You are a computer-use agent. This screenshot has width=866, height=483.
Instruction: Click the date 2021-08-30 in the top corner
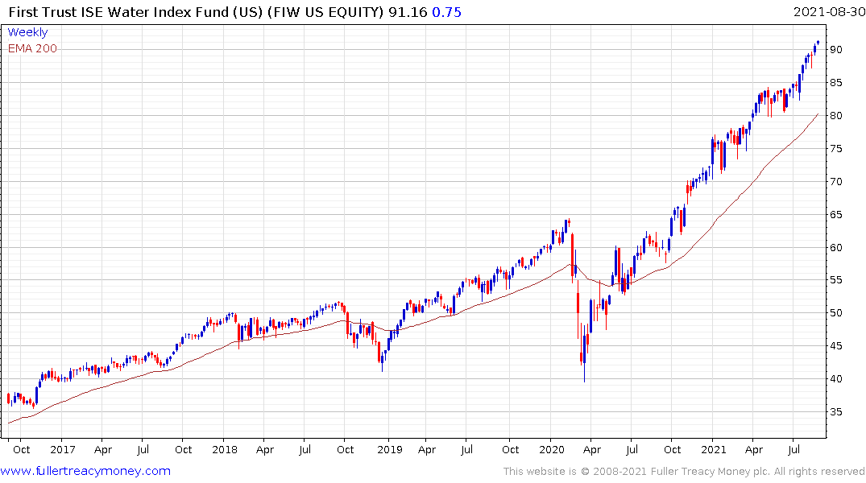click(x=827, y=12)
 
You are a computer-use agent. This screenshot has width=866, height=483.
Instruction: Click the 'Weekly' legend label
click(x=27, y=32)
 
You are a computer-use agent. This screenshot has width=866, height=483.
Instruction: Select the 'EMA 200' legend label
click(x=32, y=48)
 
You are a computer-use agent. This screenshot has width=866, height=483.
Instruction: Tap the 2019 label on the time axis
click(x=389, y=449)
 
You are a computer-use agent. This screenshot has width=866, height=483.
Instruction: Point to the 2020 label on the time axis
click(x=552, y=449)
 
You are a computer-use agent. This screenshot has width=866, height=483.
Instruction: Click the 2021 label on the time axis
click(x=714, y=449)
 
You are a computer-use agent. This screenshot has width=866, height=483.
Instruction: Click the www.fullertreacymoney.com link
click(x=85, y=471)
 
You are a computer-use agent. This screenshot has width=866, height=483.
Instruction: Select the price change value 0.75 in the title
click(x=448, y=12)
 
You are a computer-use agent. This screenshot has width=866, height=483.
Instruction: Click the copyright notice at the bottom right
click(x=684, y=472)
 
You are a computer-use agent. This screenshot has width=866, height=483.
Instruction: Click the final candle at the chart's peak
click(x=818, y=43)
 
